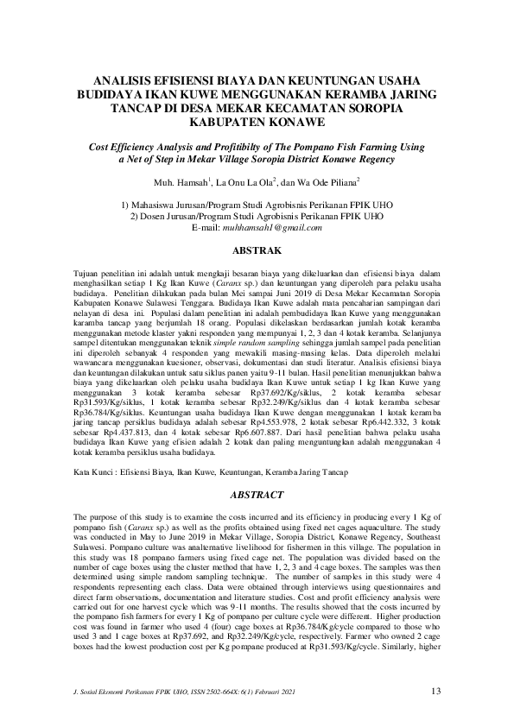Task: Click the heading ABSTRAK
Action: click(x=257, y=250)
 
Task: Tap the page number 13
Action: click(x=436, y=692)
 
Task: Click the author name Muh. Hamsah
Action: click(x=179, y=183)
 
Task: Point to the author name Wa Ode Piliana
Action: click(x=327, y=183)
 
